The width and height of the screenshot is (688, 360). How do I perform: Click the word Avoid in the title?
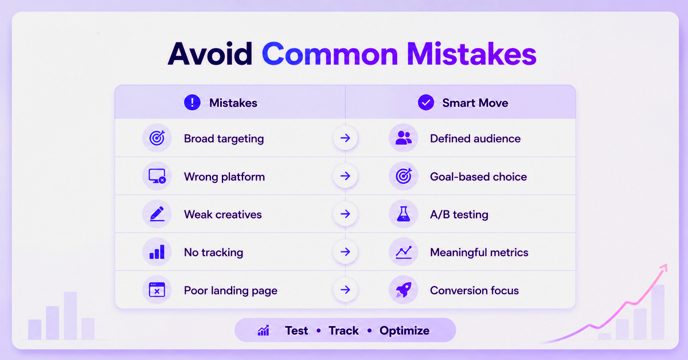[210, 54]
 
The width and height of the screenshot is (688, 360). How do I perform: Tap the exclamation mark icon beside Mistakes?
[192, 102]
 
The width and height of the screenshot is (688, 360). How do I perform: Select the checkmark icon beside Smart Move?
[426, 102]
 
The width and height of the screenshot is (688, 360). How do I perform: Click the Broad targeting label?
[224, 139]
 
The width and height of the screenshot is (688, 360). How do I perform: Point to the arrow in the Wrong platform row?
[346, 176]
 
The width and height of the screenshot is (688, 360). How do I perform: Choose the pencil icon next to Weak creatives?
[157, 214]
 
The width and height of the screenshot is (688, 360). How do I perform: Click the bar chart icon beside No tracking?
[157, 252]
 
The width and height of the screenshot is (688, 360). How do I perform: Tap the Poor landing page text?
[230, 291]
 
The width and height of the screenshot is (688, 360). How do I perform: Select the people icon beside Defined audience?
[404, 138]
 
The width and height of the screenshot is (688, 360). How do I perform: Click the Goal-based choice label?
[479, 177]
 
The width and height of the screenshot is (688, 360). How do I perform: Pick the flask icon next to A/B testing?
[403, 214]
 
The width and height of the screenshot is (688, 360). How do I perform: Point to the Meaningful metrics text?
[479, 252]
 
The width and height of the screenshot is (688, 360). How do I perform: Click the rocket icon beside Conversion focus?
[403, 290]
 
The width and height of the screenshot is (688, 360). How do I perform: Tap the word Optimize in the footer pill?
[405, 331]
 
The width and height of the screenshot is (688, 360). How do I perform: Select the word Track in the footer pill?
[343, 331]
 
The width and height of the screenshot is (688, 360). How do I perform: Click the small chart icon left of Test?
[264, 331]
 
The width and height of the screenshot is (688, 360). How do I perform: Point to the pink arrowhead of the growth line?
[664, 268]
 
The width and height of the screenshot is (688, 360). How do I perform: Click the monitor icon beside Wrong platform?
[157, 176]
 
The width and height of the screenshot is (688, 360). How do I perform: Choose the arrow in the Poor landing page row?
[346, 289]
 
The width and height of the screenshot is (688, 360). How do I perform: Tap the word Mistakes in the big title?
[472, 54]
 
